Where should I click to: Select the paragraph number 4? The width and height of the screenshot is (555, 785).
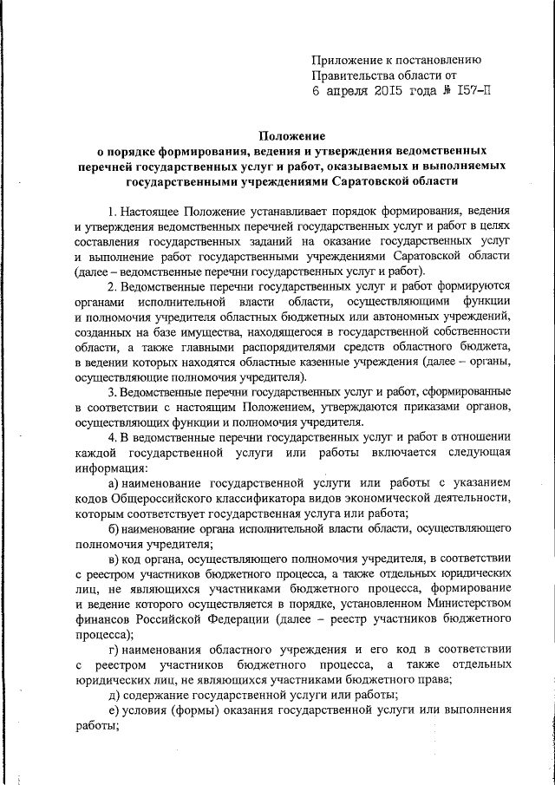110,436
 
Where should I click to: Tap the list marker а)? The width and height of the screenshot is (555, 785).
112,481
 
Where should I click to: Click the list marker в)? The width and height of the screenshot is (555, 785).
112,558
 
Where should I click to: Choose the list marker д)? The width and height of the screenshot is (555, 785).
113,696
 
